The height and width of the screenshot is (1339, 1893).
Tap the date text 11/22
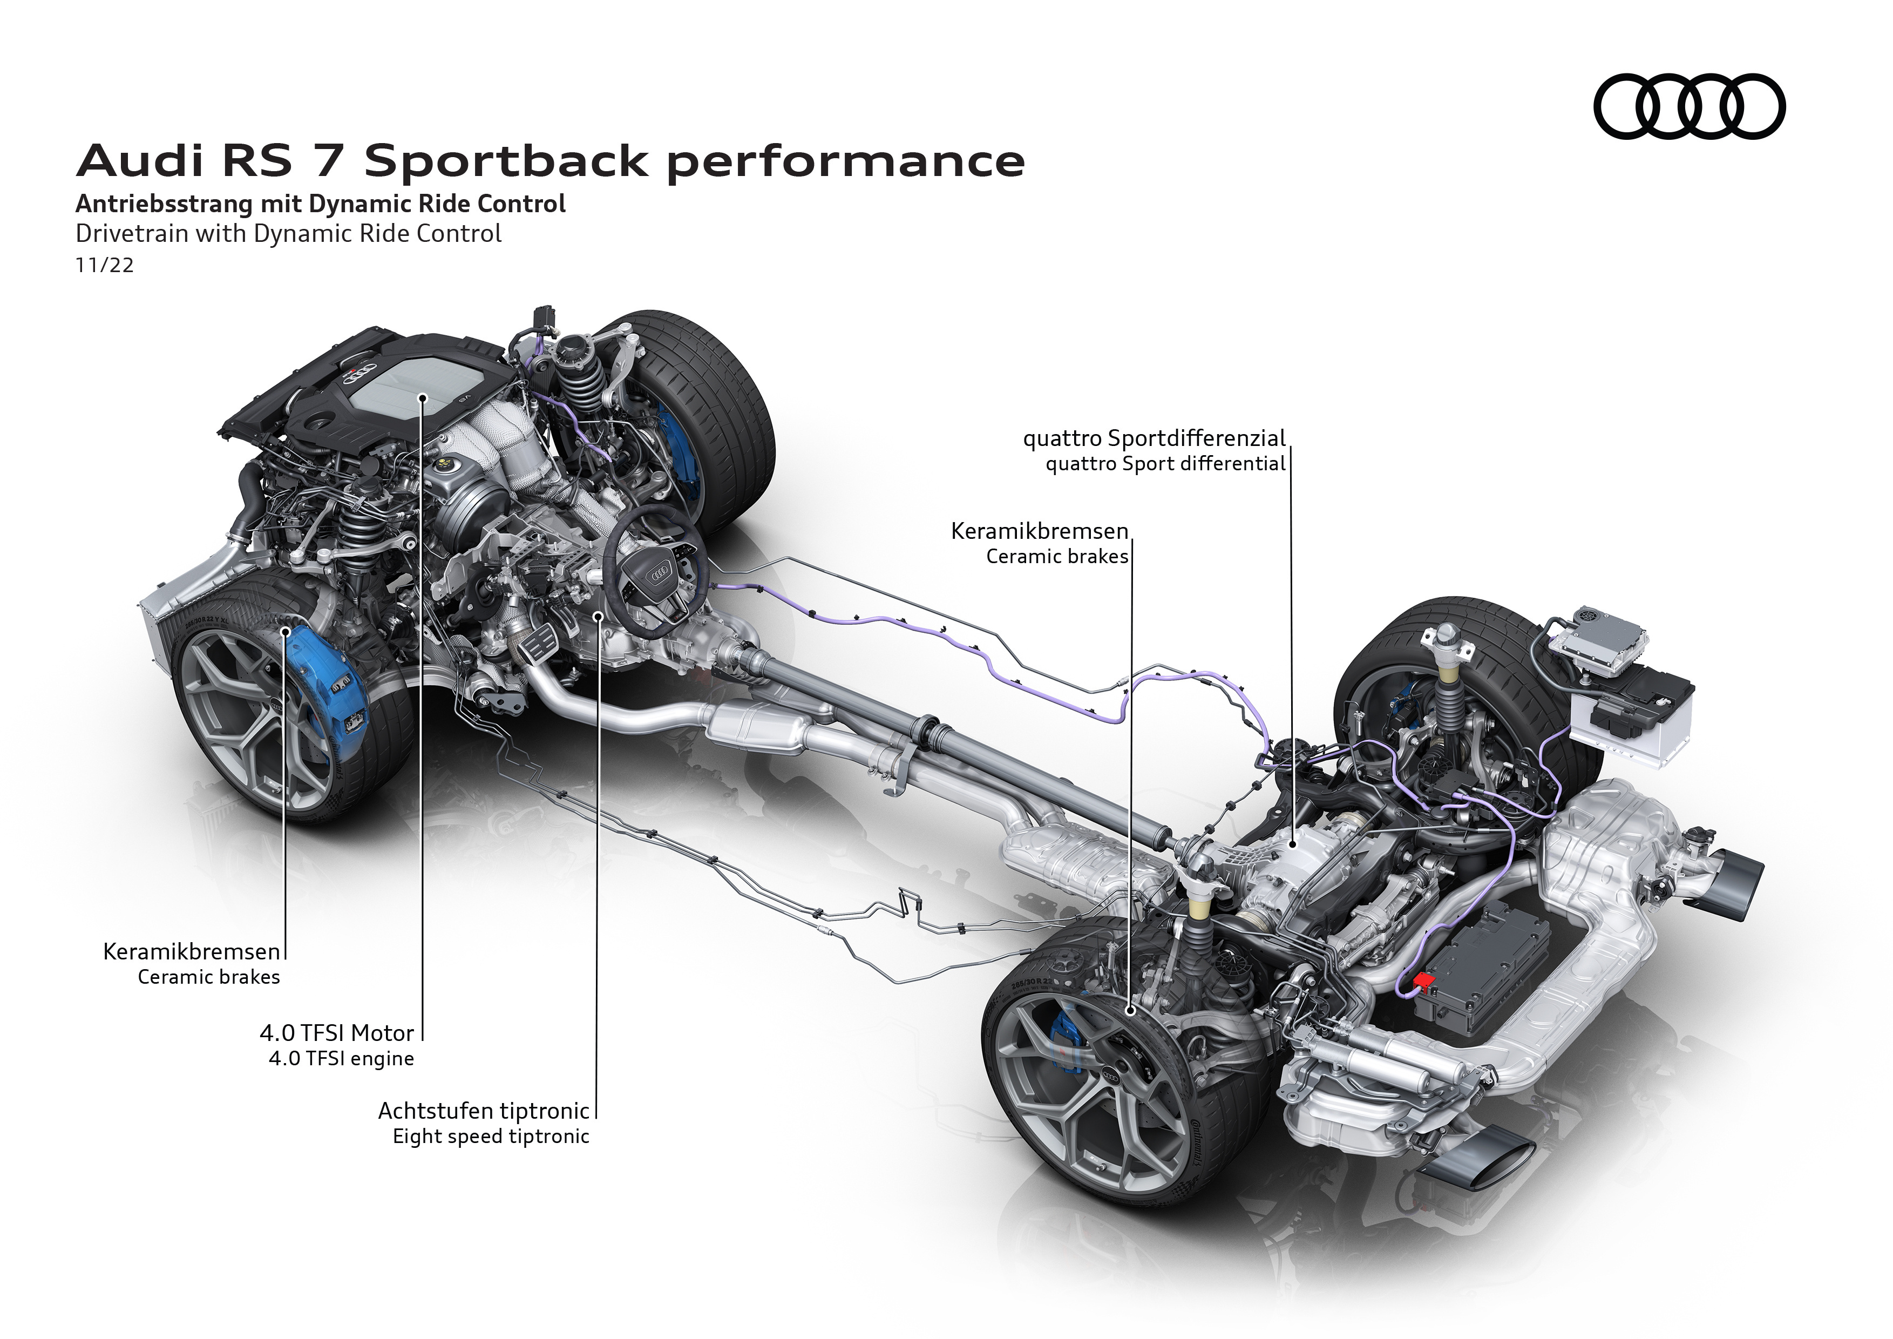click(x=105, y=266)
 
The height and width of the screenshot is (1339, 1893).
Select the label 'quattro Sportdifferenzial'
click(x=1154, y=438)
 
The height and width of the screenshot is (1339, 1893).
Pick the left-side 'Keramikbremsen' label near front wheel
click(x=191, y=951)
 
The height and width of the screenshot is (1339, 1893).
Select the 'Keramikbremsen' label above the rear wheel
click(x=1040, y=531)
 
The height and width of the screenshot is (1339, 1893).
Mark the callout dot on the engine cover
click(x=422, y=397)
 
